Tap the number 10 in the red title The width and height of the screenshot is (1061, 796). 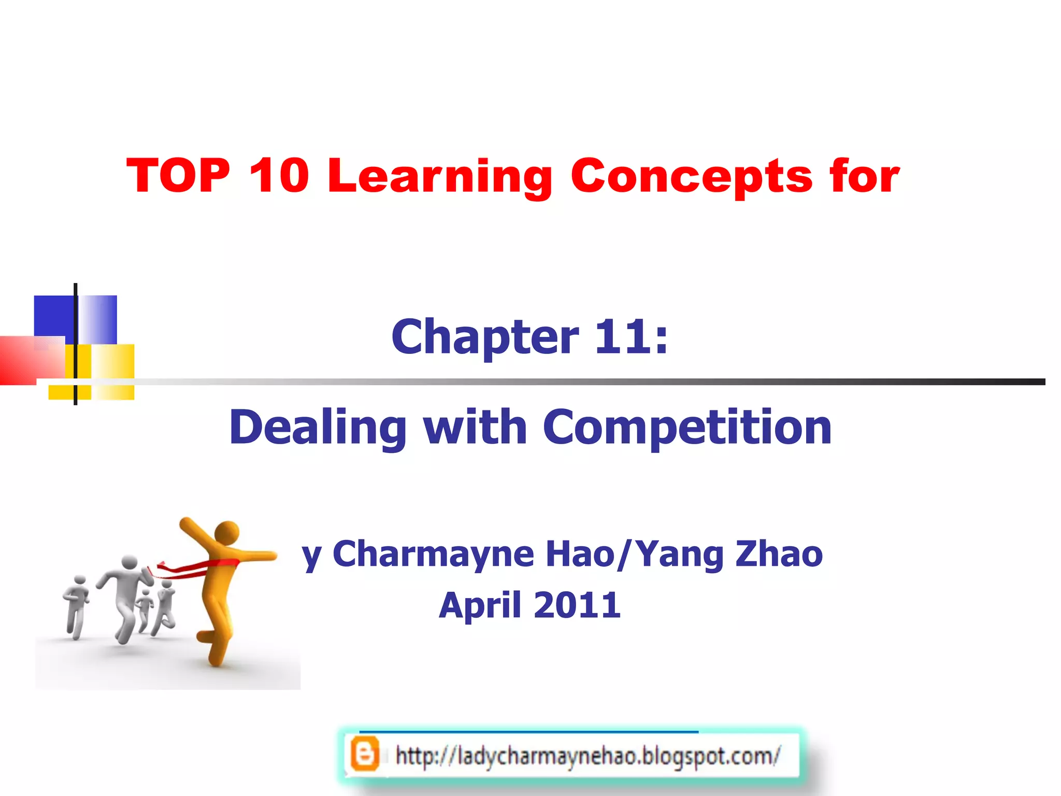click(x=279, y=176)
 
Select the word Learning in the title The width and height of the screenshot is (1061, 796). click(x=440, y=177)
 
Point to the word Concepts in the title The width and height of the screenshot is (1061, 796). click(x=691, y=177)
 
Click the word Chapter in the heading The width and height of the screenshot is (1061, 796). click(x=484, y=337)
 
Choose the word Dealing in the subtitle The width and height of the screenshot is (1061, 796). click(x=318, y=428)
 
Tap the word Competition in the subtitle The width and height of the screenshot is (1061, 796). click(x=687, y=428)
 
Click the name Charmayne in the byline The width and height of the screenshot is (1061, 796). click(x=433, y=555)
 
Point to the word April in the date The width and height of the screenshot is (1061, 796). click(x=480, y=605)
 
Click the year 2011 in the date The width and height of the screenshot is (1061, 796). click(x=577, y=605)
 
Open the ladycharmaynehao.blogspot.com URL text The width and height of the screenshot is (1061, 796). click(x=587, y=756)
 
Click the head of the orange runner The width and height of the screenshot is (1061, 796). click(x=226, y=533)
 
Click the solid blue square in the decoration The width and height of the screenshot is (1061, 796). click(x=53, y=316)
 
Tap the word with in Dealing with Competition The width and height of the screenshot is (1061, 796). click(x=475, y=428)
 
